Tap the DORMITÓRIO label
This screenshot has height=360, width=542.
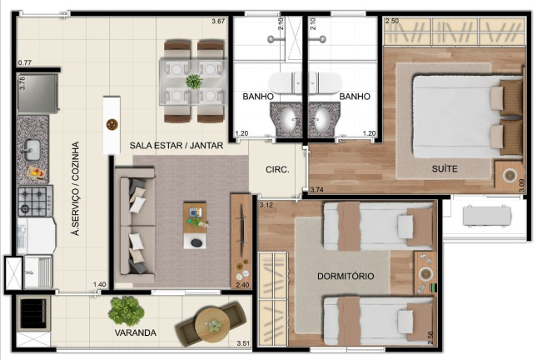346,276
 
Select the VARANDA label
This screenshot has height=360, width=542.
136,333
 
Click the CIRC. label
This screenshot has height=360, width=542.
277,170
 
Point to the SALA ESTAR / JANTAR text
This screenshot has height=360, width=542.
177,145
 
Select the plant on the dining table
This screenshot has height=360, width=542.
194,82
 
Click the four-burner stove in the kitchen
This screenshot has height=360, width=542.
35,200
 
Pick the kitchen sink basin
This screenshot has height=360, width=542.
32,150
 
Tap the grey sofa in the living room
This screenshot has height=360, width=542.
133,223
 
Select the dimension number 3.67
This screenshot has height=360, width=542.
219,21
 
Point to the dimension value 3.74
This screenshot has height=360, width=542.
316,191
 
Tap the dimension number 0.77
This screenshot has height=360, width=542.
25,63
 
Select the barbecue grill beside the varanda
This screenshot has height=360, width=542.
33,314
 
